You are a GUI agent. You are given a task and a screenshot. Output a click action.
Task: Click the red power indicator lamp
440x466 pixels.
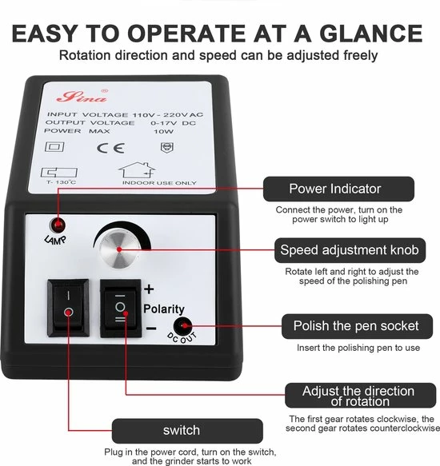click(58, 225)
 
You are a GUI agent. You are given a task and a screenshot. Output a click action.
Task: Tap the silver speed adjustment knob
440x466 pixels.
click(119, 249)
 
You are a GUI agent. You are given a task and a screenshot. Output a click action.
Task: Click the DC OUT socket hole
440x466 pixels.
click(183, 326)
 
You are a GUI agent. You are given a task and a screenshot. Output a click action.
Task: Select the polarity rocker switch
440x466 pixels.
click(121, 309)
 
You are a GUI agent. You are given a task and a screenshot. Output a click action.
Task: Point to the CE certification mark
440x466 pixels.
click(110, 148)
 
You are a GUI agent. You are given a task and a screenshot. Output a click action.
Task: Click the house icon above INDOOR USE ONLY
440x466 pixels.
click(137, 170)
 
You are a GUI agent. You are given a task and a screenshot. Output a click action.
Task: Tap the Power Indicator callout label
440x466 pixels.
click(338, 189)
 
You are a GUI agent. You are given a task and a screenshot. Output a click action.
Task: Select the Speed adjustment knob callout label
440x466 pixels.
click(350, 250)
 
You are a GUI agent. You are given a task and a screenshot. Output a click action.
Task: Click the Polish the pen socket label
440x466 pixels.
click(357, 326)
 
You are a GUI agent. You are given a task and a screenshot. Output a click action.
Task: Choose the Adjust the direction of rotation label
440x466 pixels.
click(360, 396)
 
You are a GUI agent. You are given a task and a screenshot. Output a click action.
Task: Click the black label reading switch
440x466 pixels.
click(187, 431)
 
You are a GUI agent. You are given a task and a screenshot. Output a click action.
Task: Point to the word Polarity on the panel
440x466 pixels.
click(164, 309)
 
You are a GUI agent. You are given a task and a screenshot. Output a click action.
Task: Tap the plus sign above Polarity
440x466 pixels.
click(149, 289)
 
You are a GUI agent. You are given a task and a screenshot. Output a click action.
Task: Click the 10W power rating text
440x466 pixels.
click(163, 131)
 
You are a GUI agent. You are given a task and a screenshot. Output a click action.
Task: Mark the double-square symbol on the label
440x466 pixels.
click(54, 147)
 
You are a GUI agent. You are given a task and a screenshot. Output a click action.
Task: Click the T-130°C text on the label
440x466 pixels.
click(62, 182)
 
